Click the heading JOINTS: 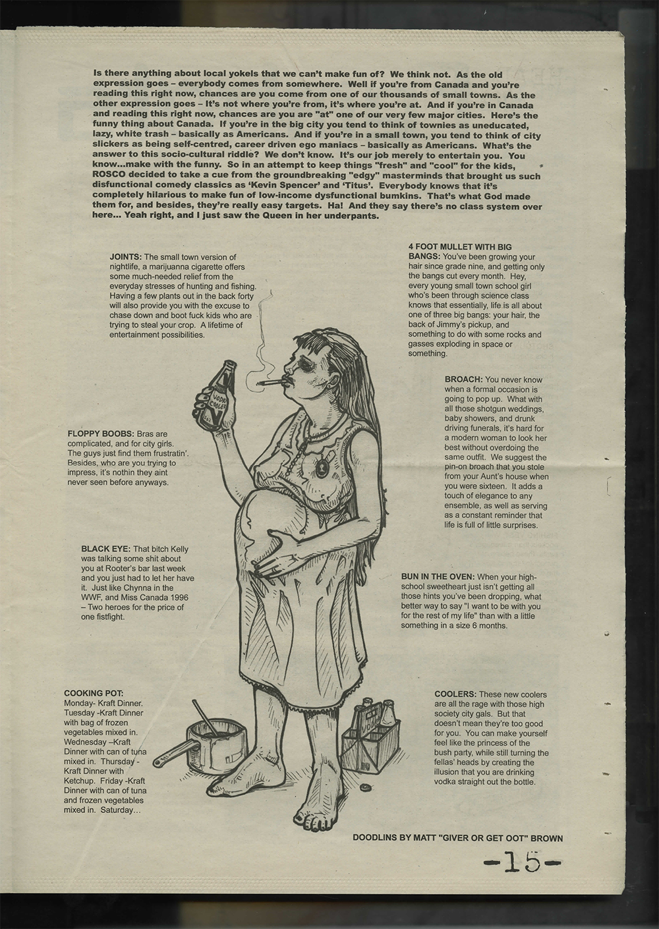(125, 257)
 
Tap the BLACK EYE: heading (105, 548)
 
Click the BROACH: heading (463, 380)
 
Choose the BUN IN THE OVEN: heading (438, 577)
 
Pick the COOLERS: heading (455, 694)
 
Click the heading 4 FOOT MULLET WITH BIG (460, 247)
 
